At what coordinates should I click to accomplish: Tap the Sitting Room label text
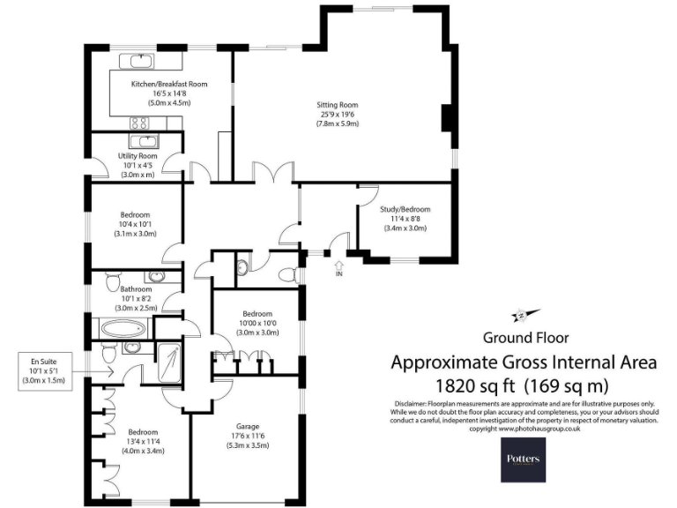click(x=338, y=105)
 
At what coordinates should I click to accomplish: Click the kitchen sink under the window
click(x=140, y=61)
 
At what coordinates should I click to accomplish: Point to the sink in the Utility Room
click(x=143, y=141)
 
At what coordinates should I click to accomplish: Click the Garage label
click(x=246, y=425)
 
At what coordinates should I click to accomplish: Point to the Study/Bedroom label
click(x=405, y=210)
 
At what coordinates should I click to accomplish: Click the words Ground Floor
click(x=525, y=337)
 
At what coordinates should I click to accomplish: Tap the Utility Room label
click(x=138, y=156)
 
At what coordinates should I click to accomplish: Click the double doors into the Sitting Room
click(x=272, y=173)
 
